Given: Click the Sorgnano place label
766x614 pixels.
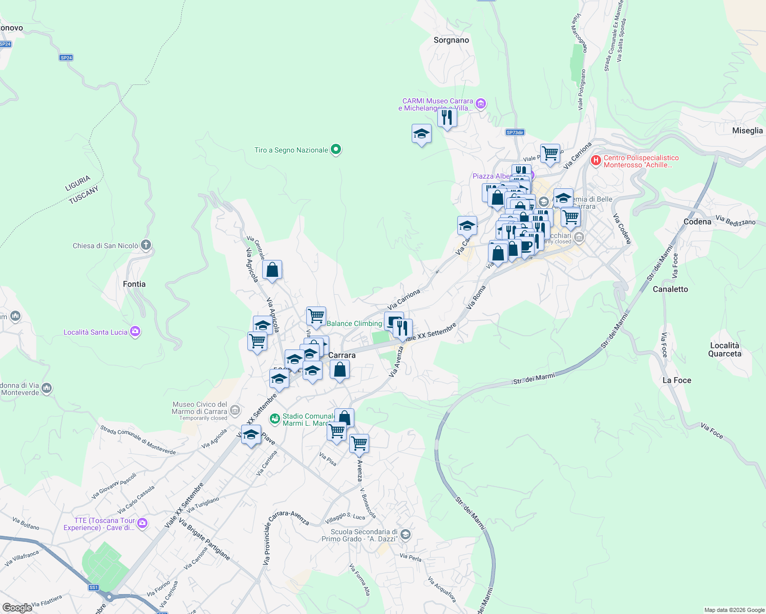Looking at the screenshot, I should [x=451, y=40].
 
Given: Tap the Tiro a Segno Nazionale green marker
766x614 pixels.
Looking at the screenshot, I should [x=336, y=149].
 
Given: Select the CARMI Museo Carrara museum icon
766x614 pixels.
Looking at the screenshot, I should [x=480, y=104].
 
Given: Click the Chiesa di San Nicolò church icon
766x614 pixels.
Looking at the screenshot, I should [x=146, y=245].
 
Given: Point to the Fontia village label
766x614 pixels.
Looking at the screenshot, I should [x=134, y=284].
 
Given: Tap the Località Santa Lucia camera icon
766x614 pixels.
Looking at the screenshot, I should [x=135, y=332].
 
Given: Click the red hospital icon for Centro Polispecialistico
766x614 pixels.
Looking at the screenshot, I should [x=595, y=161].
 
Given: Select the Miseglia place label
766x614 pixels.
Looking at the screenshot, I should [x=747, y=130].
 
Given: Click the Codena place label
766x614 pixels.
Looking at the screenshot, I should [x=697, y=222].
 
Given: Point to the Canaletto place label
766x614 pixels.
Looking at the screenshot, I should [x=670, y=289].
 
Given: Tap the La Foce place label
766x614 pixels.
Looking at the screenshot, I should [x=676, y=380].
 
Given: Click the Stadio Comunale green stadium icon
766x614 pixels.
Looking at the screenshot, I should [x=275, y=419].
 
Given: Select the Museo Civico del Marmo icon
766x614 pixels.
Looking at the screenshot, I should [x=235, y=410].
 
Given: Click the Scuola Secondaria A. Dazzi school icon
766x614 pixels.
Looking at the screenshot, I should [x=405, y=535].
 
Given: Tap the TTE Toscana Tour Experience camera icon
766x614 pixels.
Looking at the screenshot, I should [x=142, y=523].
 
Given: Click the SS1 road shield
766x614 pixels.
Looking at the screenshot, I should [x=93, y=587].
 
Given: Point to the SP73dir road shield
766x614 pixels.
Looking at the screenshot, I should [x=515, y=133].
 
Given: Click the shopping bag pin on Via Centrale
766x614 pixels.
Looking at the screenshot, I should [x=272, y=270].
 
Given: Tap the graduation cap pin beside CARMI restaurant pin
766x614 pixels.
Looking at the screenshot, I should [x=421, y=135].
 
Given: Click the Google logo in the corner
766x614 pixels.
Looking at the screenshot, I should [x=17, y=608].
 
